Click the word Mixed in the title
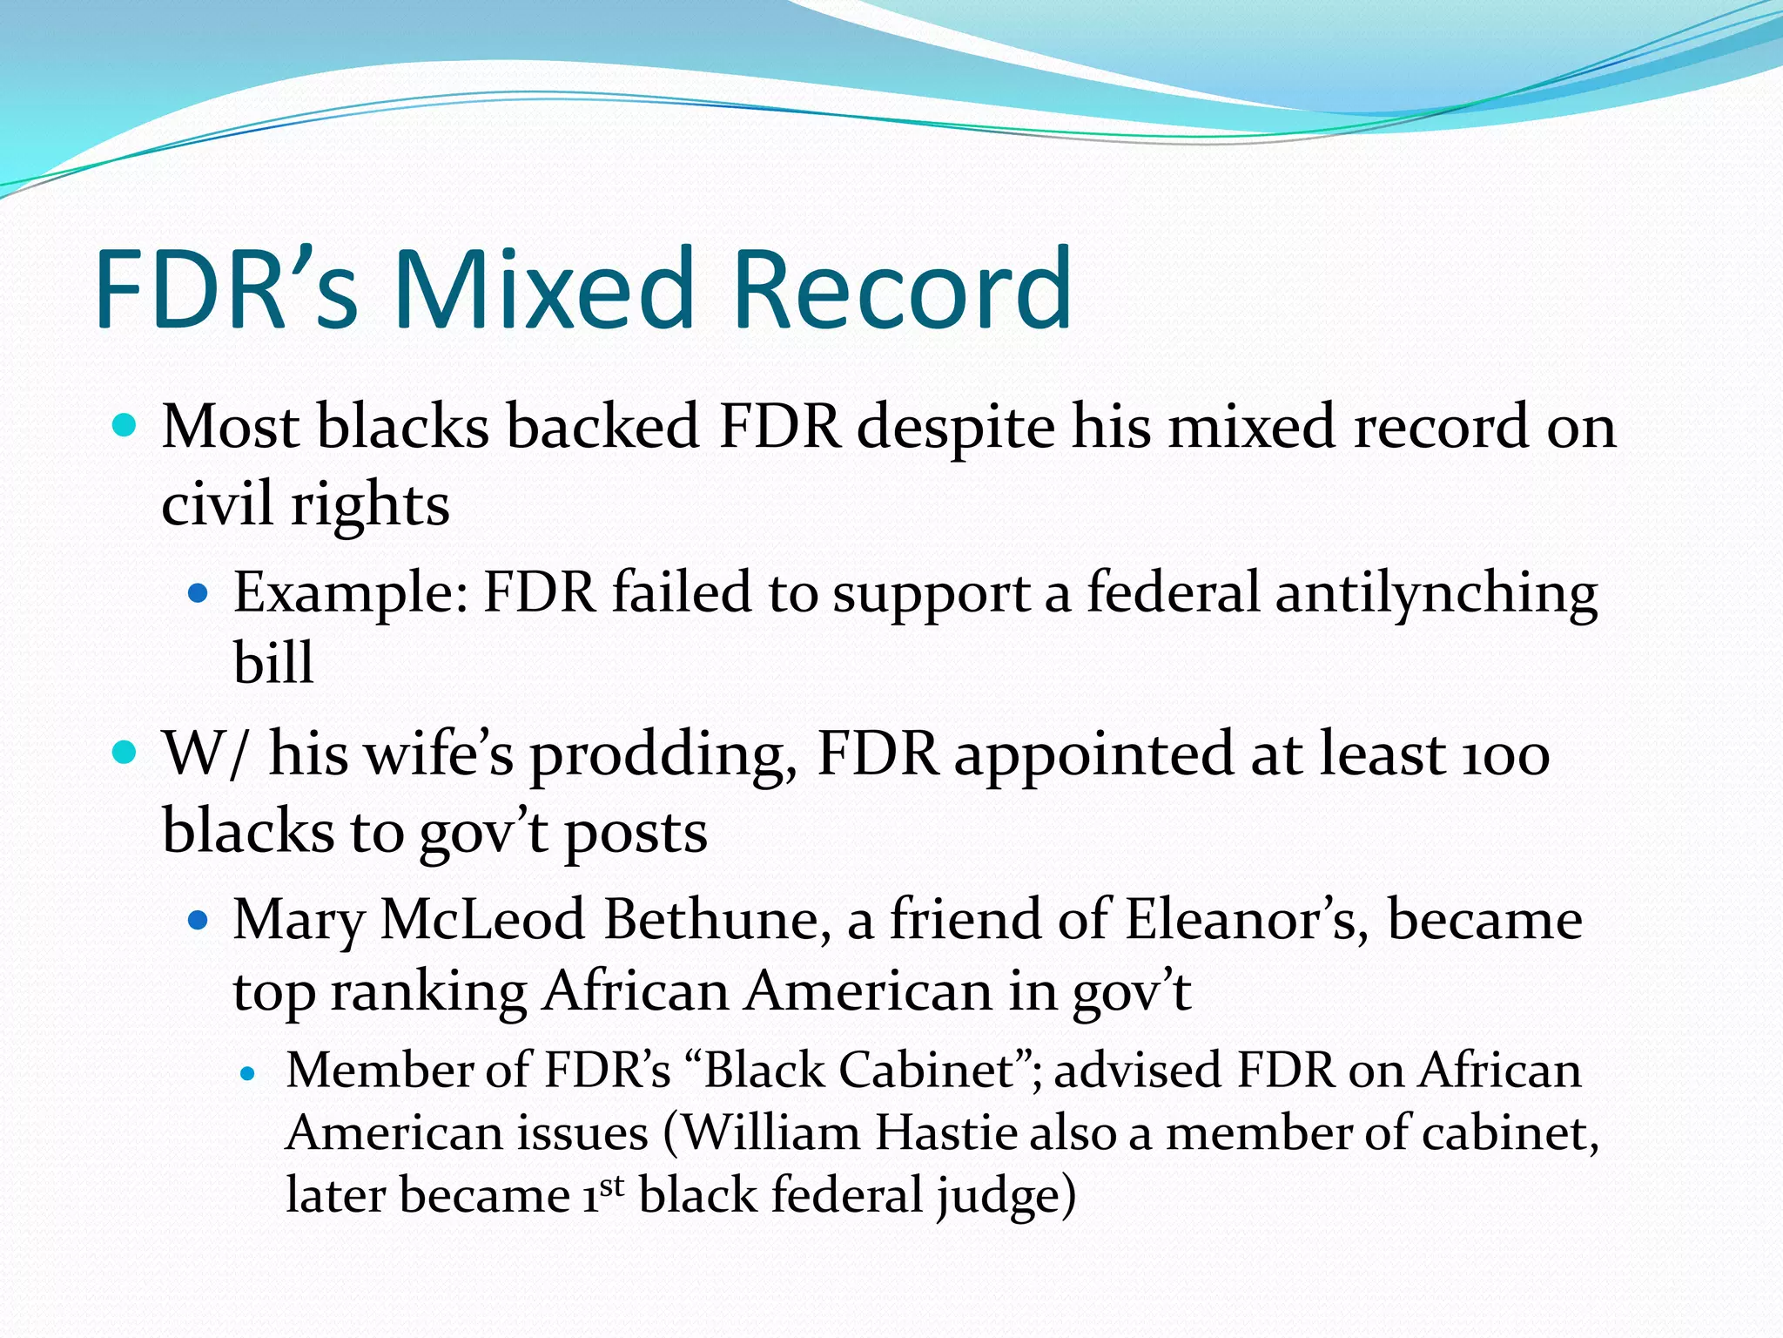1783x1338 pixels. point(544,289)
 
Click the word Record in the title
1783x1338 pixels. point(902,289)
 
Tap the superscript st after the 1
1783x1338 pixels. point(612,1186)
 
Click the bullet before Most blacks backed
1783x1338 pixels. point(125,426)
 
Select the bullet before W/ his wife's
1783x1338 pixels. point(125,752)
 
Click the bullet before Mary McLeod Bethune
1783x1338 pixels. point(199,920)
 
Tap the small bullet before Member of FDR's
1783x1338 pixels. point(249,1074)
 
